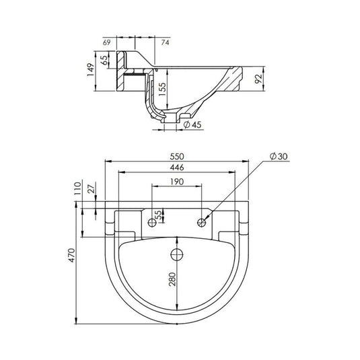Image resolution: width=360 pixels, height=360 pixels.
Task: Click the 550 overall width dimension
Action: point(177,157)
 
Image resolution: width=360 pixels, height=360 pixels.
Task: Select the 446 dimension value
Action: point(177,168)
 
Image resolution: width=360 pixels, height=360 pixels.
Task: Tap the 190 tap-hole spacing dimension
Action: point(177,182)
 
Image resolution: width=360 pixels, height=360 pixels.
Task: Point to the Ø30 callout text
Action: point(279,156)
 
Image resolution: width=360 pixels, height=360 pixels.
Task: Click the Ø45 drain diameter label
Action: point(192,124)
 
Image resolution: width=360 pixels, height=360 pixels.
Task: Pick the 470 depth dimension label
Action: point(72,255)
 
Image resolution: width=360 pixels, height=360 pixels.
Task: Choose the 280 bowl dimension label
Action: point(172,279)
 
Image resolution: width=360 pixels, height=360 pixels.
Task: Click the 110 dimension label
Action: point(78,188)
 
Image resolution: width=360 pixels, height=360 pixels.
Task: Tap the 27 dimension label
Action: point(92,188)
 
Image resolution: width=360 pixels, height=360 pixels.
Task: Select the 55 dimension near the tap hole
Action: point(158,215)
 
